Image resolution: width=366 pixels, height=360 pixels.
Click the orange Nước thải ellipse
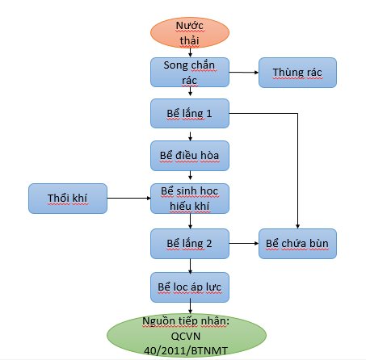190,33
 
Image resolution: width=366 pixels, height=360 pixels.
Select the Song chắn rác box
190,72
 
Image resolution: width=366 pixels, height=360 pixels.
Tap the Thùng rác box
297,73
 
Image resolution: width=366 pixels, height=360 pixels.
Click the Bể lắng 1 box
190,113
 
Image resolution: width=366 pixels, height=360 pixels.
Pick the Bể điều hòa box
190,156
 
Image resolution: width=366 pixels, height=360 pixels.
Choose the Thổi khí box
68,199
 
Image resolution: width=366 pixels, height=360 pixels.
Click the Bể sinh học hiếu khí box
190,199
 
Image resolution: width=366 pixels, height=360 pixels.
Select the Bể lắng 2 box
190,244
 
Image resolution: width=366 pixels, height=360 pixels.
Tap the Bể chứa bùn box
297,244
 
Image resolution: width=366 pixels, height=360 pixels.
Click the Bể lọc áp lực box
190,287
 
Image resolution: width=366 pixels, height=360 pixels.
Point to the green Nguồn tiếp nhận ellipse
187,335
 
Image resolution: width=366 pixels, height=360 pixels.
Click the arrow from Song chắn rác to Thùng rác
244,72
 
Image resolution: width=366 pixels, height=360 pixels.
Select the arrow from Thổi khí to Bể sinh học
129,199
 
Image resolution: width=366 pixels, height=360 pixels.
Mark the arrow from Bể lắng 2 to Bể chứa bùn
244,243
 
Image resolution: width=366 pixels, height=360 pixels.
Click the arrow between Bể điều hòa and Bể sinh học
190,175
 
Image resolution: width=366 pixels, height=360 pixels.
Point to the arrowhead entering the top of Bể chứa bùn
297,227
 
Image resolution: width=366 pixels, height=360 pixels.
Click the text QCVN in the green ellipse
186,336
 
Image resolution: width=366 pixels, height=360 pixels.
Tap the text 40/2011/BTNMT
186,350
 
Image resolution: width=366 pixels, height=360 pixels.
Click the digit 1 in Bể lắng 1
209,113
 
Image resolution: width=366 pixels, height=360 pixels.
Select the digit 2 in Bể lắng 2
209,243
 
